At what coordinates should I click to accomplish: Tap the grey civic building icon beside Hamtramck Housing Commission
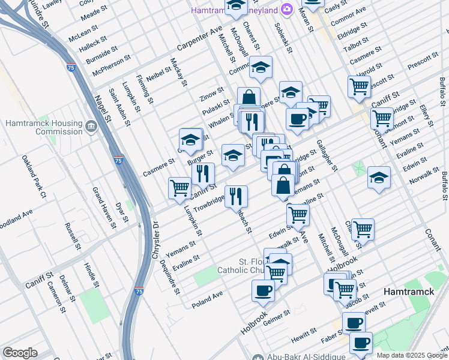91,127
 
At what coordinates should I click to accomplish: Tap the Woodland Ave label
14,214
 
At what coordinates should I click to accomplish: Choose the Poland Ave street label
207,300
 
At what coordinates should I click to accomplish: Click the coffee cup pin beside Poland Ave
262,292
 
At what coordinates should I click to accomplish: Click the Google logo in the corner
20,353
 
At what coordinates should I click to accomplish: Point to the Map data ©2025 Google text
412,355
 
